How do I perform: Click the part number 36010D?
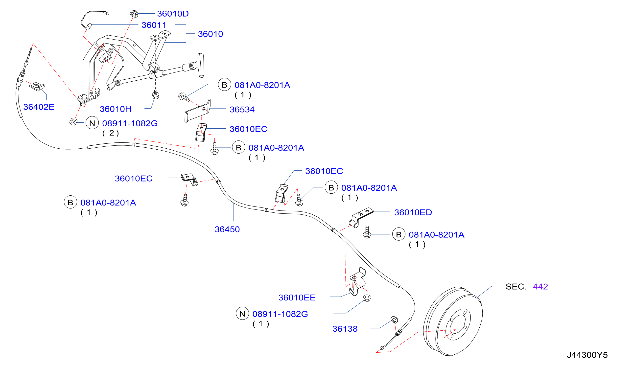[173, 14]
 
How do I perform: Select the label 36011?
[154, 25]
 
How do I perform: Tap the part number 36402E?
[39, 107]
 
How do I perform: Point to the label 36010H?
[116, 109]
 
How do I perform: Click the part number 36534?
[242, 109]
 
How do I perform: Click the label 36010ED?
[413, 212]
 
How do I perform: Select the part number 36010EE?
[297, 298]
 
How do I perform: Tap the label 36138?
[345, 329]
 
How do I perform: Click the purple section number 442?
[540, 287]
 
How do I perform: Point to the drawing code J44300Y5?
[587, 355]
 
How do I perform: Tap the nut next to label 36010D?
[134, 14]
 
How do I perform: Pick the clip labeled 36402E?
[37, 86]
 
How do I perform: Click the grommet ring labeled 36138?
[394, 320]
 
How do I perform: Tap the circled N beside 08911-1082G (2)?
[92, 123]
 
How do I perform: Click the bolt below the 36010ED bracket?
[367, 232]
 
